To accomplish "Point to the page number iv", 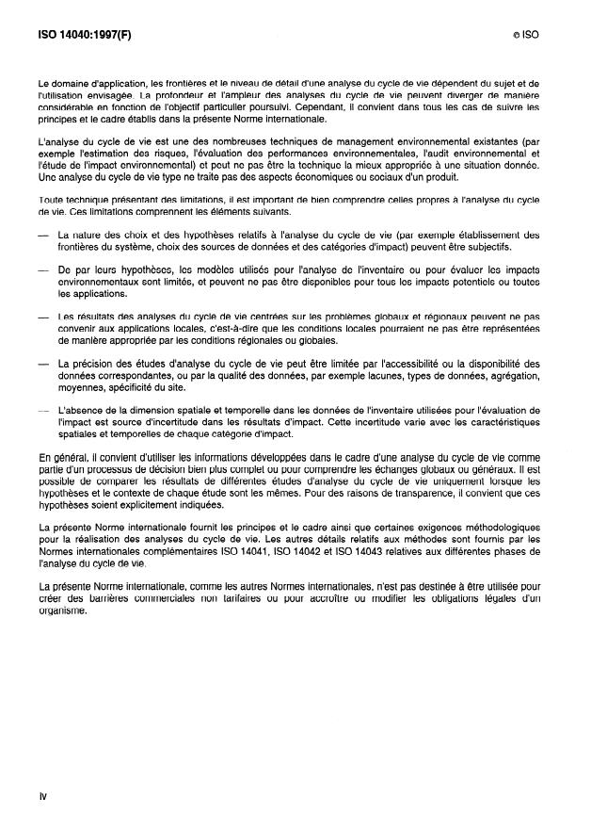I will click(42, 796).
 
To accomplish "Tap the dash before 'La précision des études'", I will click(42, 363).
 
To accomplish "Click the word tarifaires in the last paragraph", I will click(223, 599).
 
